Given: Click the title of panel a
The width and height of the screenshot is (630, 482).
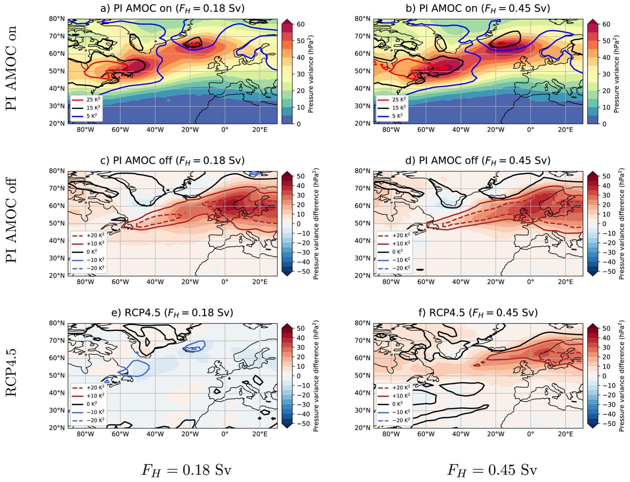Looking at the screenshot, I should coord(172,8).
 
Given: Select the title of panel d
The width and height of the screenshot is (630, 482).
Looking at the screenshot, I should coord(478,160).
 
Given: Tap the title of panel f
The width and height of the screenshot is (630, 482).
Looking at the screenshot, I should coord(478,313).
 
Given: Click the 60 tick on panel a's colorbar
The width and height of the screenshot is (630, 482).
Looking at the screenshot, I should coord(300,24).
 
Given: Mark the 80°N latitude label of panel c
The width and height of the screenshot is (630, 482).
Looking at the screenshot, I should coord(57,171).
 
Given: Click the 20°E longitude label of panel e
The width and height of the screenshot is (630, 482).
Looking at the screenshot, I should coord(259,434).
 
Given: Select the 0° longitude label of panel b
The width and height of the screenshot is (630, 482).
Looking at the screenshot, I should coord(530,129).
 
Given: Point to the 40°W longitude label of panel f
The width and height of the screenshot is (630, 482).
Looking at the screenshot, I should coord(461,434).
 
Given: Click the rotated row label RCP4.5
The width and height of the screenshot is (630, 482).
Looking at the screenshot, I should coord(11,372).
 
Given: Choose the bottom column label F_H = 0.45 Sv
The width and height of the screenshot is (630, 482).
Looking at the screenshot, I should coord(492,470).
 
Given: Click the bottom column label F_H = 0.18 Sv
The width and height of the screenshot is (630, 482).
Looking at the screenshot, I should coord(186,470).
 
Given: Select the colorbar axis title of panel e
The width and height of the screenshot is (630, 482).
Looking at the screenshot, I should coord(316,376).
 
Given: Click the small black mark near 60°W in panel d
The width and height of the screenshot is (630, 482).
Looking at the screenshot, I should coord(420,270).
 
